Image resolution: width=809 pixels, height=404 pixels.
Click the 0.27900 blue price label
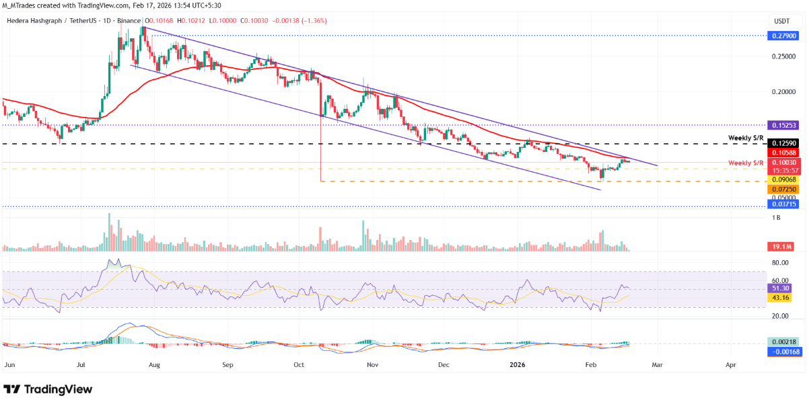coord(783,35)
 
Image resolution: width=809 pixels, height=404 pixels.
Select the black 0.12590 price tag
coord(783,143)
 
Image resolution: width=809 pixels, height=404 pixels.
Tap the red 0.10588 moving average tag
coord(783,153)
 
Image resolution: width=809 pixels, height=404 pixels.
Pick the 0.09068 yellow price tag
coord(783,179)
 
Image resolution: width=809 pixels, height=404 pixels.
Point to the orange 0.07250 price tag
coord(783,190)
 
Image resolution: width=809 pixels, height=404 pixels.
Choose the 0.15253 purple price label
coord(783,125)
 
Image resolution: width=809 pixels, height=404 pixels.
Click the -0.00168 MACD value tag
coord(783,351)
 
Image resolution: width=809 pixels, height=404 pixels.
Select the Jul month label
coord(81,364)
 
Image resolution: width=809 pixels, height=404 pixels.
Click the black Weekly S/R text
coord(746,138)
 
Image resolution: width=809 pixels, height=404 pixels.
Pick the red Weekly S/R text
coord(746,163)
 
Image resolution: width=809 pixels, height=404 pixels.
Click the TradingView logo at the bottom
coord(48,389)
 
